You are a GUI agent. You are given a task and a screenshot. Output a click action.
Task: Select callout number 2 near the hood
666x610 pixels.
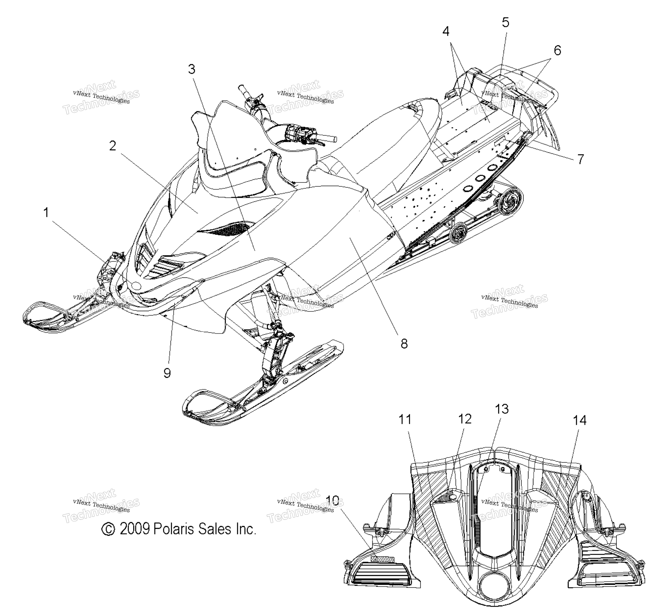pos(113,146)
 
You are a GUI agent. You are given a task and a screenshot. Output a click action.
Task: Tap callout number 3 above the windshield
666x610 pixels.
pos(192,69)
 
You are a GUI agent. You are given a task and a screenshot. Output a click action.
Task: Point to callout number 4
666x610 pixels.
pos(446,31)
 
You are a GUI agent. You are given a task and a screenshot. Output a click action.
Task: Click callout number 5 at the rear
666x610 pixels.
pos(506,22)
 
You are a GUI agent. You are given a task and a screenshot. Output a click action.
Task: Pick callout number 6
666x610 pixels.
pos(557,50)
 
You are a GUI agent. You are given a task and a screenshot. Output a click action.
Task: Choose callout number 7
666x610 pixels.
pos(580,159)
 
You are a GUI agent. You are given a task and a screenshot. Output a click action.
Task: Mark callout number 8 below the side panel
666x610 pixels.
pos(404,344)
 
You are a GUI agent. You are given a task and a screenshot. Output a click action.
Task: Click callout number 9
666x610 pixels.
pos(167,373)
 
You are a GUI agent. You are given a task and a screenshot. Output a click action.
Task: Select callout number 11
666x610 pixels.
pos(405,420)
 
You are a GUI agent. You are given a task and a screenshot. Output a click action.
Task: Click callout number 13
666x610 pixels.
pos(502,409)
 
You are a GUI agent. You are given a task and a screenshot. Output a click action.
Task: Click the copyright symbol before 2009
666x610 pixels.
pos(108,529)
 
